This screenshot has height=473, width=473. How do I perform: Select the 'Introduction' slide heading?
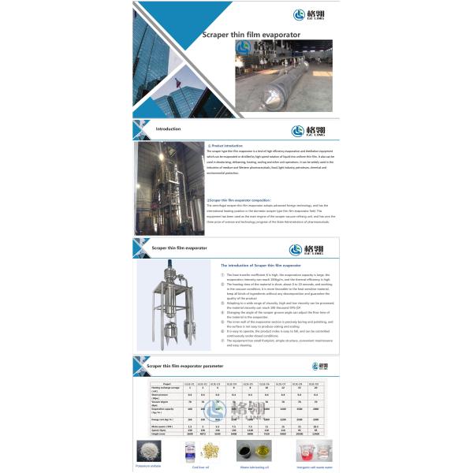coord(168,128)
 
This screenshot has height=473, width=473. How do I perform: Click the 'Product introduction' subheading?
coord(225,146)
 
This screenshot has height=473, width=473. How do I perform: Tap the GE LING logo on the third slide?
coord(312,249)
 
